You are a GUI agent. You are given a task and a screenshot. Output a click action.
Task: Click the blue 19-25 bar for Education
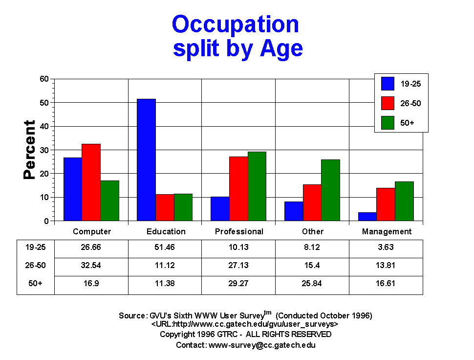coord(146,160)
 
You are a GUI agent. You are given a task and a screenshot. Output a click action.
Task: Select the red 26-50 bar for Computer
coord(91,182)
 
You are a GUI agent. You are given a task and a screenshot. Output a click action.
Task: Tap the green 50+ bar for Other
coord(330,190)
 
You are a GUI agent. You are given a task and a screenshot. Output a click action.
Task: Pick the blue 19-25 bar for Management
coord(367,217)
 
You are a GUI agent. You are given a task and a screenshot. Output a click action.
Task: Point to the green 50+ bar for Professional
coord(257,186)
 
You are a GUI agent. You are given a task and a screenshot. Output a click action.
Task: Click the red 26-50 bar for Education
coord(165,207)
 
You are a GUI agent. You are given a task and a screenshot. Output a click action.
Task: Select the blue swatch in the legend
coord(388,84)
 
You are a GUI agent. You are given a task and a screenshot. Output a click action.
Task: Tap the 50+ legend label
coord(407,122)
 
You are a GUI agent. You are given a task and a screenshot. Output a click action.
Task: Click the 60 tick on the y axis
coord(44,79)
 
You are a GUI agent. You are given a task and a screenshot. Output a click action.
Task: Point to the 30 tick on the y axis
coord(44,150)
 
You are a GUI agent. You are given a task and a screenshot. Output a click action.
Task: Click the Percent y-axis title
coord(30,150)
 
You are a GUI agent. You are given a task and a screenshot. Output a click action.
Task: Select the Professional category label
coord(239,231)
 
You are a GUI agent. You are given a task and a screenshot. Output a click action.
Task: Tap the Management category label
coord(387,231)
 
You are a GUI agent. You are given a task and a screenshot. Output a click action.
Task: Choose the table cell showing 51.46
coord(165,247)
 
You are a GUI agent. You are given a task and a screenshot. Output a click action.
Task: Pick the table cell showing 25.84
coord(312,284)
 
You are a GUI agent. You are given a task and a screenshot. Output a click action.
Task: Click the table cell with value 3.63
coord(386,247)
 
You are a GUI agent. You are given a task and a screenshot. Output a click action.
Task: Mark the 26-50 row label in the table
coord(35,266)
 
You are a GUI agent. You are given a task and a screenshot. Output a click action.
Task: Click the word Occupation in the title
coord(236,24)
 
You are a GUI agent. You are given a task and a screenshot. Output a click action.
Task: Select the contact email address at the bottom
coord(262,345)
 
